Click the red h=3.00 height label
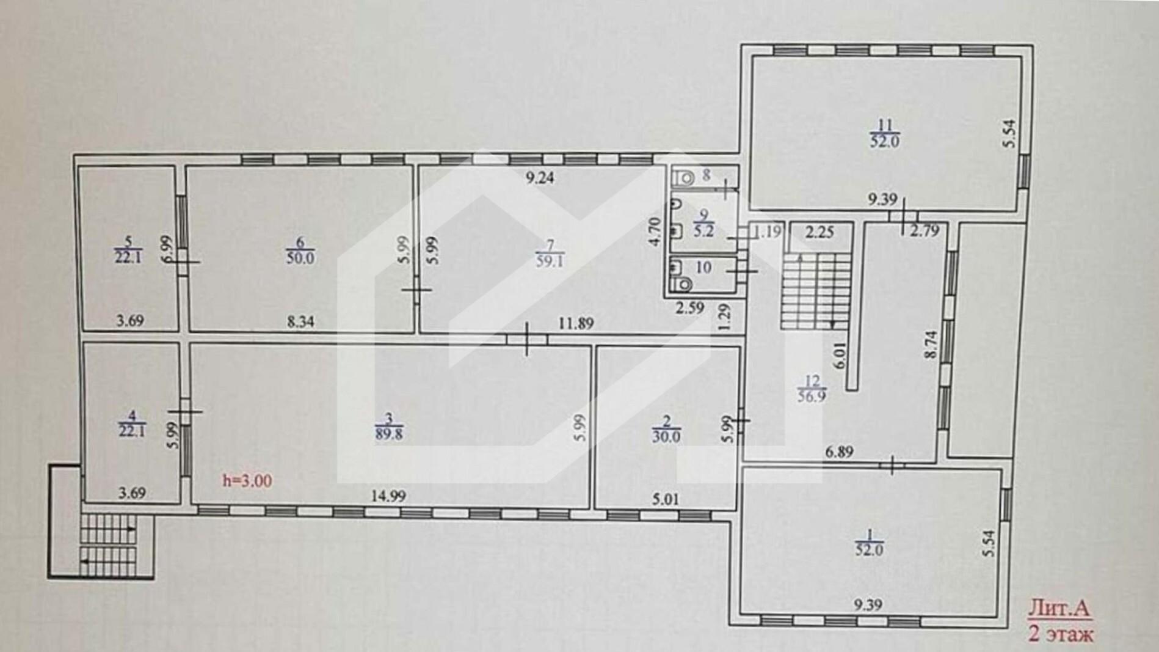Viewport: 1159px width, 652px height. point(247,481)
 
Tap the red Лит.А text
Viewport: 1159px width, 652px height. point(1059,608)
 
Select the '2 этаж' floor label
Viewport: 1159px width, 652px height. point(1061,634)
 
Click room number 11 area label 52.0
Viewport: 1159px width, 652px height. point(885,141)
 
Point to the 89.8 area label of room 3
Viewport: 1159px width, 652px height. point(389,434)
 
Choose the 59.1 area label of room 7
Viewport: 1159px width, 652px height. point(550,261)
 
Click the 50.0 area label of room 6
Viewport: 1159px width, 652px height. point(300,258)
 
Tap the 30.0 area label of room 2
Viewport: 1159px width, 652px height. point(666,437)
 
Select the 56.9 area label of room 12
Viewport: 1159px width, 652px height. point(812,396)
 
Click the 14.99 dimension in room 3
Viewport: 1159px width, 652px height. point(389,496)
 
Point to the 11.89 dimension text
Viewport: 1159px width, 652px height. point(576,323)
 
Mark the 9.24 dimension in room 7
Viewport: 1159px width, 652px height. point(540,178)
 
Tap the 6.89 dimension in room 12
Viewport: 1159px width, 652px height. point(840,452)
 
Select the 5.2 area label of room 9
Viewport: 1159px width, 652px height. point(704,231)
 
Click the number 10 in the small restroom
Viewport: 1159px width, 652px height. point(703,267)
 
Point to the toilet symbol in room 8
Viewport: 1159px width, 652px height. point(684,178)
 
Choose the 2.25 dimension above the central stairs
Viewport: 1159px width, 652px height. point(819,232)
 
